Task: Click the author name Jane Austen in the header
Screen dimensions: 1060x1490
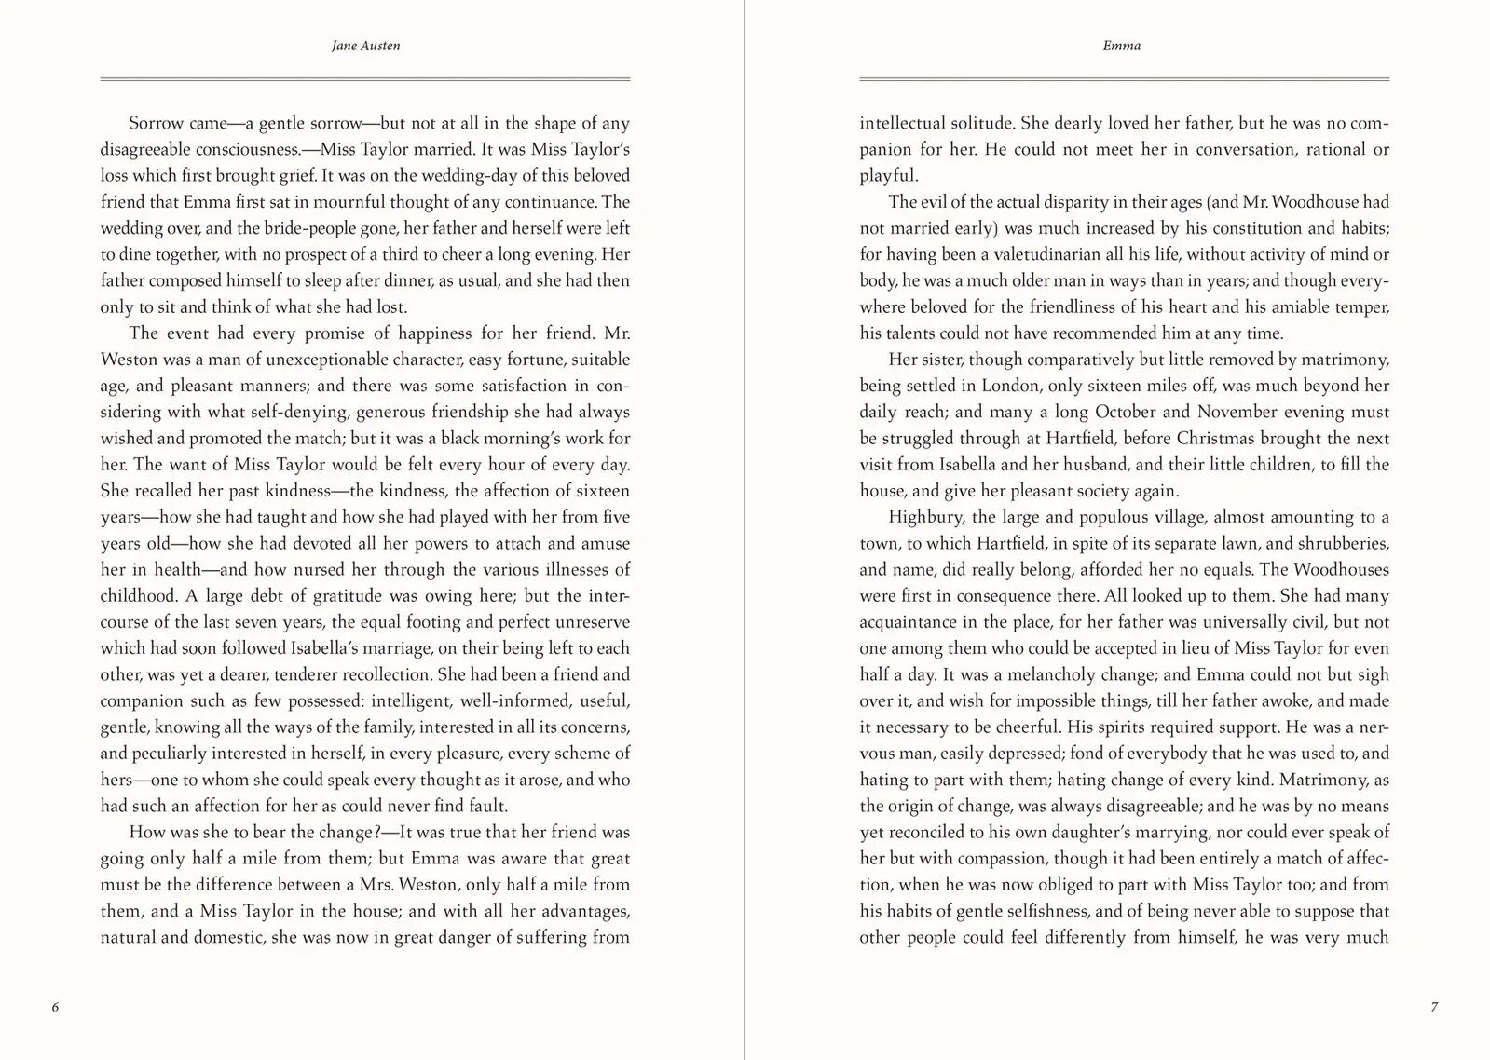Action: [365, 46]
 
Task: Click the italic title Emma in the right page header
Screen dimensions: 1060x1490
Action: [1121, 46]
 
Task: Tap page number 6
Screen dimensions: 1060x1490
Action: [55, 1007]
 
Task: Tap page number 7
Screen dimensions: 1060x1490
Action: [1434, 1007]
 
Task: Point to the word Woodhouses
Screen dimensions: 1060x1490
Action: [1338, 569]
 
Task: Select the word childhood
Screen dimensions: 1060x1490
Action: [138, 596]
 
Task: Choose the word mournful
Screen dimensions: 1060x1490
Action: [349, 202]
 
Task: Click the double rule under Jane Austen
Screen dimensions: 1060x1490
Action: [365, 79]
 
